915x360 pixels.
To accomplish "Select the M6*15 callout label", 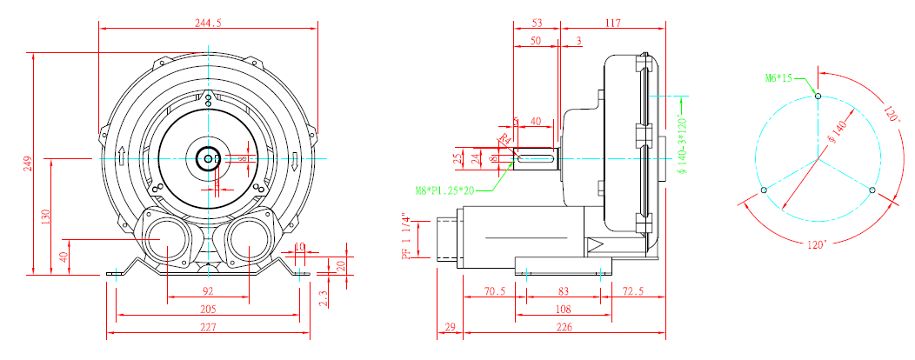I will pyautogui.click(x=779, y=78).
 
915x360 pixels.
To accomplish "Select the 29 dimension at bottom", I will pyautogui.click(x=450, y=328).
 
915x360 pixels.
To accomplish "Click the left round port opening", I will pyautogui.click(x=166, y=241).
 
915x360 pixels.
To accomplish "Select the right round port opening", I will pyautogui.click(x=250, y=241).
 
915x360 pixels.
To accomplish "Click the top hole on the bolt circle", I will pyautogui.click(x=818, y=96).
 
